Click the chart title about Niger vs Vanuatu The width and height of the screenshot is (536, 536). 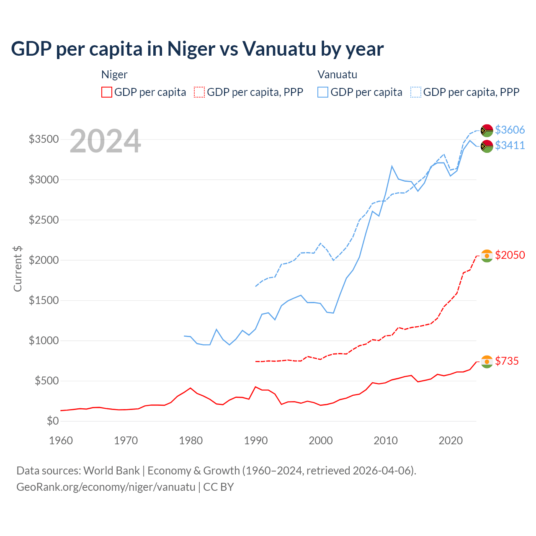[197, 49]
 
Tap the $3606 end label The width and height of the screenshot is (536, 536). [510, 130]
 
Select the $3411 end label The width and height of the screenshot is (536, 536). [510, 145]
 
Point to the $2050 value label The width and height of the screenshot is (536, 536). [510, 255]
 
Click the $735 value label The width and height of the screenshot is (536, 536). [507, 361]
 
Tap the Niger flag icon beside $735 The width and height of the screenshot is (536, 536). [487, 361]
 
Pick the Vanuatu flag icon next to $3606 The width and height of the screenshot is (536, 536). [487, 130]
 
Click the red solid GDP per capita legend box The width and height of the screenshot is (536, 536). [107, 92]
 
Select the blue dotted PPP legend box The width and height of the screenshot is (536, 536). [416, 92]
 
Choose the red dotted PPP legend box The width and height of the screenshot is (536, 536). [200, 92]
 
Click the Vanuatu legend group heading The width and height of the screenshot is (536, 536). [337, 75]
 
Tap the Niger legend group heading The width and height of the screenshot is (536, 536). [114, 75]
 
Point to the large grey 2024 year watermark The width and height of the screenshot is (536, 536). [105, 142]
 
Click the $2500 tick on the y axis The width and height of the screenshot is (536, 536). [44, 220]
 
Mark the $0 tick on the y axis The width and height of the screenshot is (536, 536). [52, 421]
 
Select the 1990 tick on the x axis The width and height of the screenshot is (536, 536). [256, 441]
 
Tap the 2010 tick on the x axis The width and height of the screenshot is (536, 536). [386, 441]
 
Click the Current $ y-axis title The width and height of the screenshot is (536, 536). [18, 268]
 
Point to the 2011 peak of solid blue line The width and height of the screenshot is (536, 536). [392, 166]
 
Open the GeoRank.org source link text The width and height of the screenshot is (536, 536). [106, 487]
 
